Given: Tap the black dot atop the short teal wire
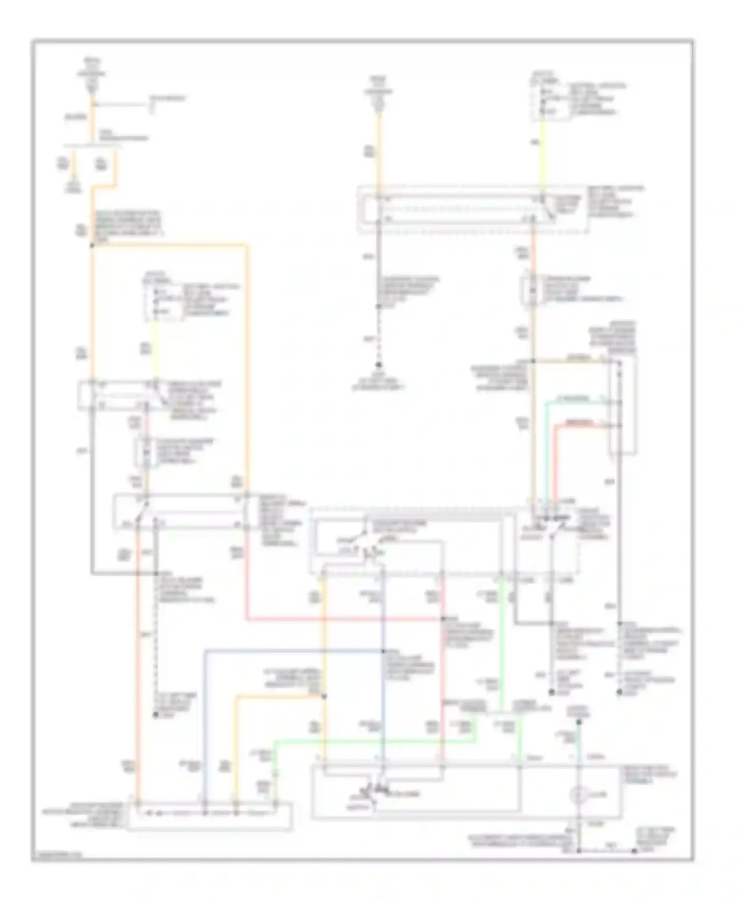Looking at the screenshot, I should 579,722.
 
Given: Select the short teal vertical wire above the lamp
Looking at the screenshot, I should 579,744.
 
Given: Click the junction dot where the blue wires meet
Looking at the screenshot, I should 383,651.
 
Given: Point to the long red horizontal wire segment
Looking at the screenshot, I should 345,619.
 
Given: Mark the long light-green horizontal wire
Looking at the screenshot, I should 374,740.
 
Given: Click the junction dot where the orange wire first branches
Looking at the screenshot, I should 92,245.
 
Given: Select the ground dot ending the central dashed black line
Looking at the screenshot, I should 379,365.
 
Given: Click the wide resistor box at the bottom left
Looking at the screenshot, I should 209,816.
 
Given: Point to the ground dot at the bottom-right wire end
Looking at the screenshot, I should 635,851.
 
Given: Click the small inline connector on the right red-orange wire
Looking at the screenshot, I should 533,291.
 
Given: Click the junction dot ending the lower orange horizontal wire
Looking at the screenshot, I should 324,696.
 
